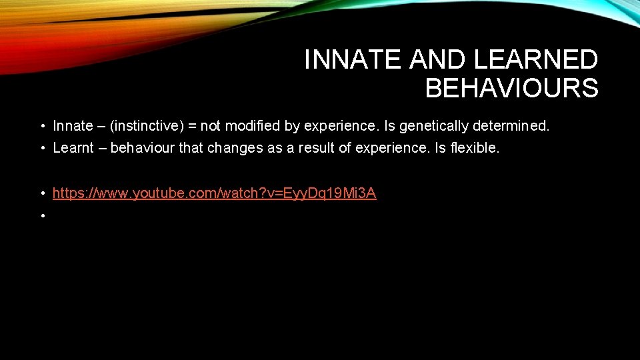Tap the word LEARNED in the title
coord(535,61)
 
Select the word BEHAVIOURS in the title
coord(511,88)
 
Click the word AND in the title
coord(439,61)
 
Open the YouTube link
coord(214,193)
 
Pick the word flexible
coord(474,148)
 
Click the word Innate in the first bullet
coord(73,126)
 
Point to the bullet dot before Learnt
coord(42,149)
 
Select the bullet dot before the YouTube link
coord(42,194)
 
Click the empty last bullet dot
coord(42,216)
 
